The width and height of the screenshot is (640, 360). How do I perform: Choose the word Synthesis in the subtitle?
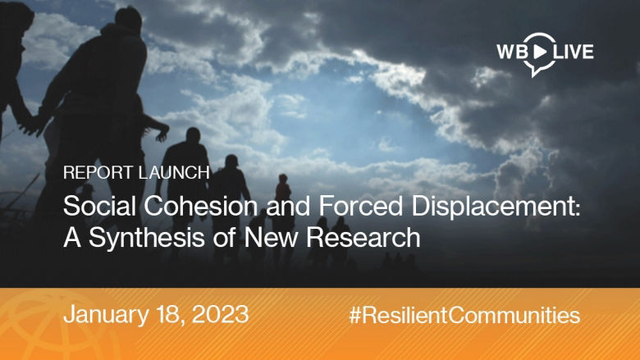(x=143, y=239)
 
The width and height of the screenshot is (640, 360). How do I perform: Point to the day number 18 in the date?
(x=171, y=315)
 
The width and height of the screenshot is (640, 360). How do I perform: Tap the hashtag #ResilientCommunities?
(x=464, y=315)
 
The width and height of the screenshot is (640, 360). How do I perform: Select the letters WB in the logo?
(x=511, y=52)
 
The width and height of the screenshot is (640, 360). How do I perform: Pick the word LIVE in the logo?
(x=573, y=52)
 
